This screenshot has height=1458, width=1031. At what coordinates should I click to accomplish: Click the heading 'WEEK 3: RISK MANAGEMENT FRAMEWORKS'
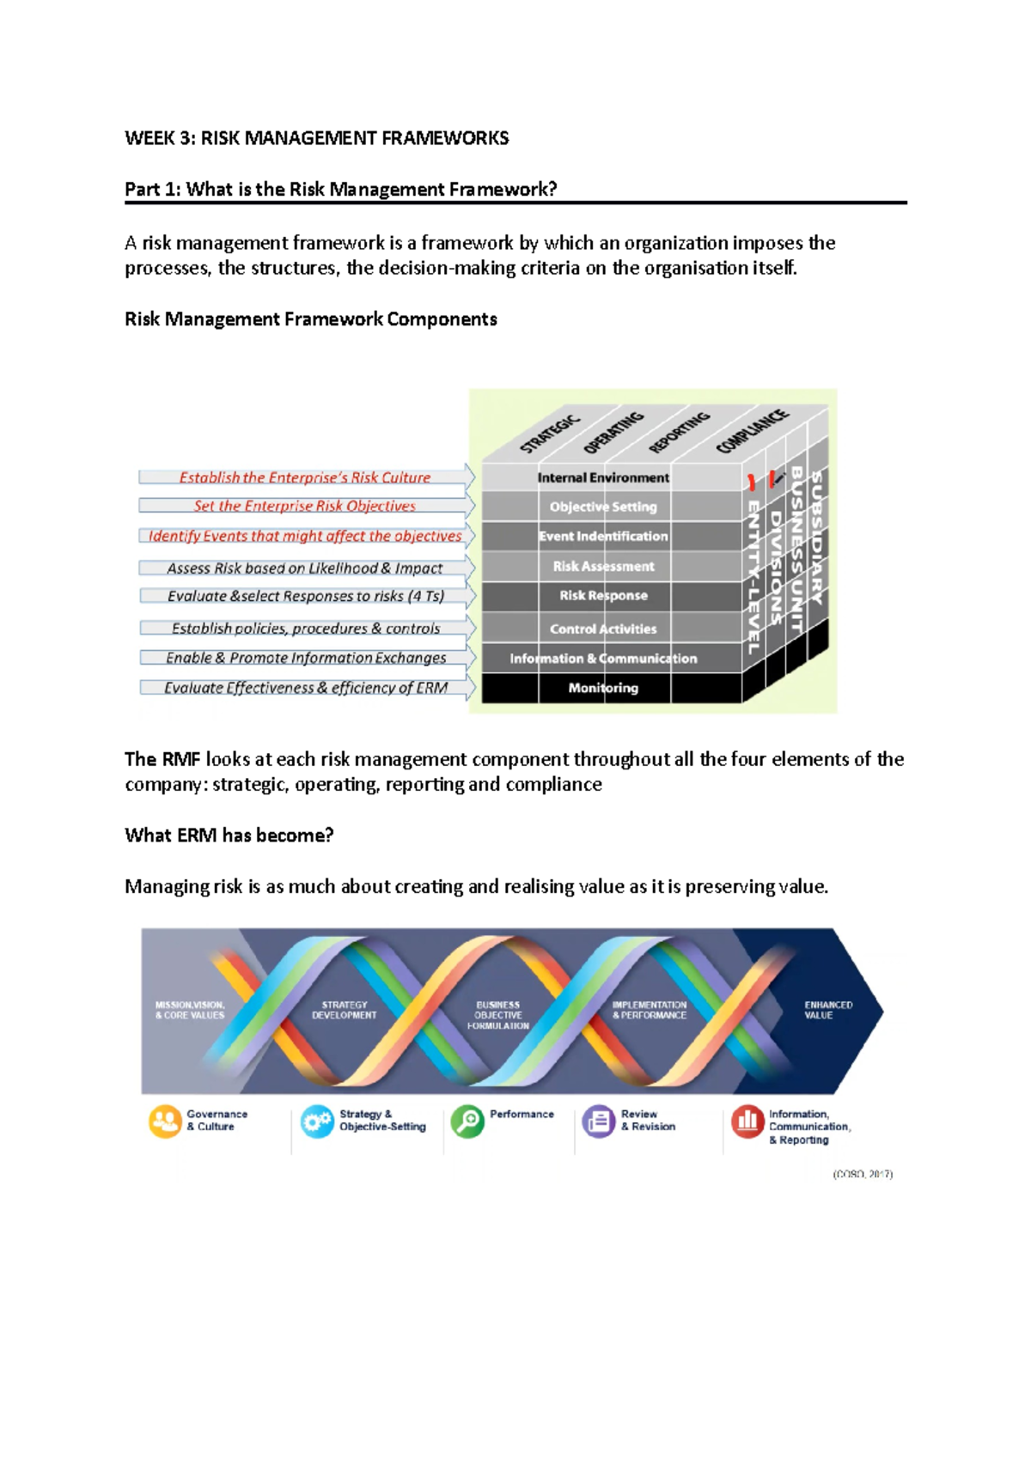tap(316, 138)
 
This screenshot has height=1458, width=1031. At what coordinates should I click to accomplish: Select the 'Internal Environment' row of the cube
tap(602, 477)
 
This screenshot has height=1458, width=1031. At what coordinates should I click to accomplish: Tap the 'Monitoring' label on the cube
tap(602, 688)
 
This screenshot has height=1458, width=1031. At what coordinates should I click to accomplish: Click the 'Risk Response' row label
tap(603, 595)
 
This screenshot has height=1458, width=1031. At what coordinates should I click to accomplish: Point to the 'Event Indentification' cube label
tap(603, 536)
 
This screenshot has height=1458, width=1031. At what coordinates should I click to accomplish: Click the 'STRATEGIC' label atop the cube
tap(550, 434)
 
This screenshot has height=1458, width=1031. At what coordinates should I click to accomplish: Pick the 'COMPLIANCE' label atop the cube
tap(752, 431)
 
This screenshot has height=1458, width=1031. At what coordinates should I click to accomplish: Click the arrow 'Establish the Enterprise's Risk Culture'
tap(305, 477)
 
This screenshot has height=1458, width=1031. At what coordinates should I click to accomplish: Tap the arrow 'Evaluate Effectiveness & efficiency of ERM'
tap(306, 688)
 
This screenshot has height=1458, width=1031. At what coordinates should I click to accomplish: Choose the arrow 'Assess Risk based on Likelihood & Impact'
tap(305, 568)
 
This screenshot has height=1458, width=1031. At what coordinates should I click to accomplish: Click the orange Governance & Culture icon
tap(165, 1121)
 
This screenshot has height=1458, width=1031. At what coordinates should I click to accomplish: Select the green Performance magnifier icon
tap(467, 1121)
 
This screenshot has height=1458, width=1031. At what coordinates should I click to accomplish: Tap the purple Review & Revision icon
tap(599, 1121)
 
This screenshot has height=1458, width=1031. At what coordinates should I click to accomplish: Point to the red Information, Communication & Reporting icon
tap(747, 1121)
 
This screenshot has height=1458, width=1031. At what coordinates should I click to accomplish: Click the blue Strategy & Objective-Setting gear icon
tap(317, 1121)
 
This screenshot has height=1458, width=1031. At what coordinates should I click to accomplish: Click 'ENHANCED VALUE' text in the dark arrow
tap(828, 1010)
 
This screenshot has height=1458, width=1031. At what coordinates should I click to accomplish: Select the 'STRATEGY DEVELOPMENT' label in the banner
tap(344, 1010)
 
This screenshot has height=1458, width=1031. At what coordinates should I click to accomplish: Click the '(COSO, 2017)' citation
tap(863, 1174)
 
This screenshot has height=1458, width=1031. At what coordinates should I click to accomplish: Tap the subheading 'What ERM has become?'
tap(229, 835)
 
